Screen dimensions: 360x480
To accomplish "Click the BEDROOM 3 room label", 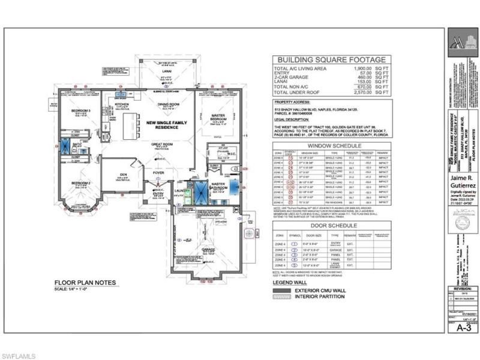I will click(82, 112).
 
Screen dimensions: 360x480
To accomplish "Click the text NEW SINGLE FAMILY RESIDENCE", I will click(162, 125).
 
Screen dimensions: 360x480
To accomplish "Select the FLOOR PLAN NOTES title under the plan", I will click(82, 283).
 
